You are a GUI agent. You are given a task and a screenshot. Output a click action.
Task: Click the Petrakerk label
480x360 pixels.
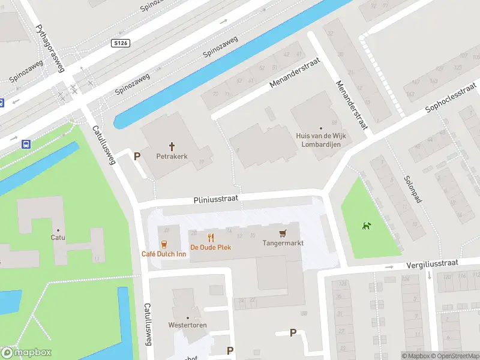pyautogui.click(x=172, y=156)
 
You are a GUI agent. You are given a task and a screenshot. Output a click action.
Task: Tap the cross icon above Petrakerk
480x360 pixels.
pyautogui.click(x=172, y=146)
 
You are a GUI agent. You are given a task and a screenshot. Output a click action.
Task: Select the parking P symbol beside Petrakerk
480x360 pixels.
pyautogui.click(x=137, y=156)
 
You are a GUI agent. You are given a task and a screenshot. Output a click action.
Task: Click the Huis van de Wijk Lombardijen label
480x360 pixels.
pyautogui.click(x=321, y=140)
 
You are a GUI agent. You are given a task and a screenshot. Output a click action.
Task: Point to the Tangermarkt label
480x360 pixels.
pyautogui.click(x=283, y=243)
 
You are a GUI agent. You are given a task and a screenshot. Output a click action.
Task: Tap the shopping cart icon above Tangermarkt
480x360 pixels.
pyautogui.click(x=283, y=233)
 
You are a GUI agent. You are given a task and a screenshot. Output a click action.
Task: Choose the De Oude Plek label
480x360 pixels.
pyautogui.click(x=211, y=247)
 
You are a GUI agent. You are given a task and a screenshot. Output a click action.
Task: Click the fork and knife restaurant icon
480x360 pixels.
pyautogui.click(x=211, y=237)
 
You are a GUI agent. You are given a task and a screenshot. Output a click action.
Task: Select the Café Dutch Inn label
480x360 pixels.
pyautogui.click(x=163, y=254)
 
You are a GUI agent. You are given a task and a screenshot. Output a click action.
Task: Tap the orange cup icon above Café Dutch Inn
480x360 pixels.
pyautogui.click(x=163, y=244)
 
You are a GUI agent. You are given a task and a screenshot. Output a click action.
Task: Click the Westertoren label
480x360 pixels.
pyautogui.click(x=188, y=325)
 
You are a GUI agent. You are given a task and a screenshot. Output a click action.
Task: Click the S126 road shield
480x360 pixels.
pyautogui.click(x=121, y=43)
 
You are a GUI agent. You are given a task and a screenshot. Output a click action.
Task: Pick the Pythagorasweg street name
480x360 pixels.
pyautogui.click(x=50, y=48)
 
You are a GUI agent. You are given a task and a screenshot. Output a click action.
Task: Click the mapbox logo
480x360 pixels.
pyautogui.click(x=25, y=353)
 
